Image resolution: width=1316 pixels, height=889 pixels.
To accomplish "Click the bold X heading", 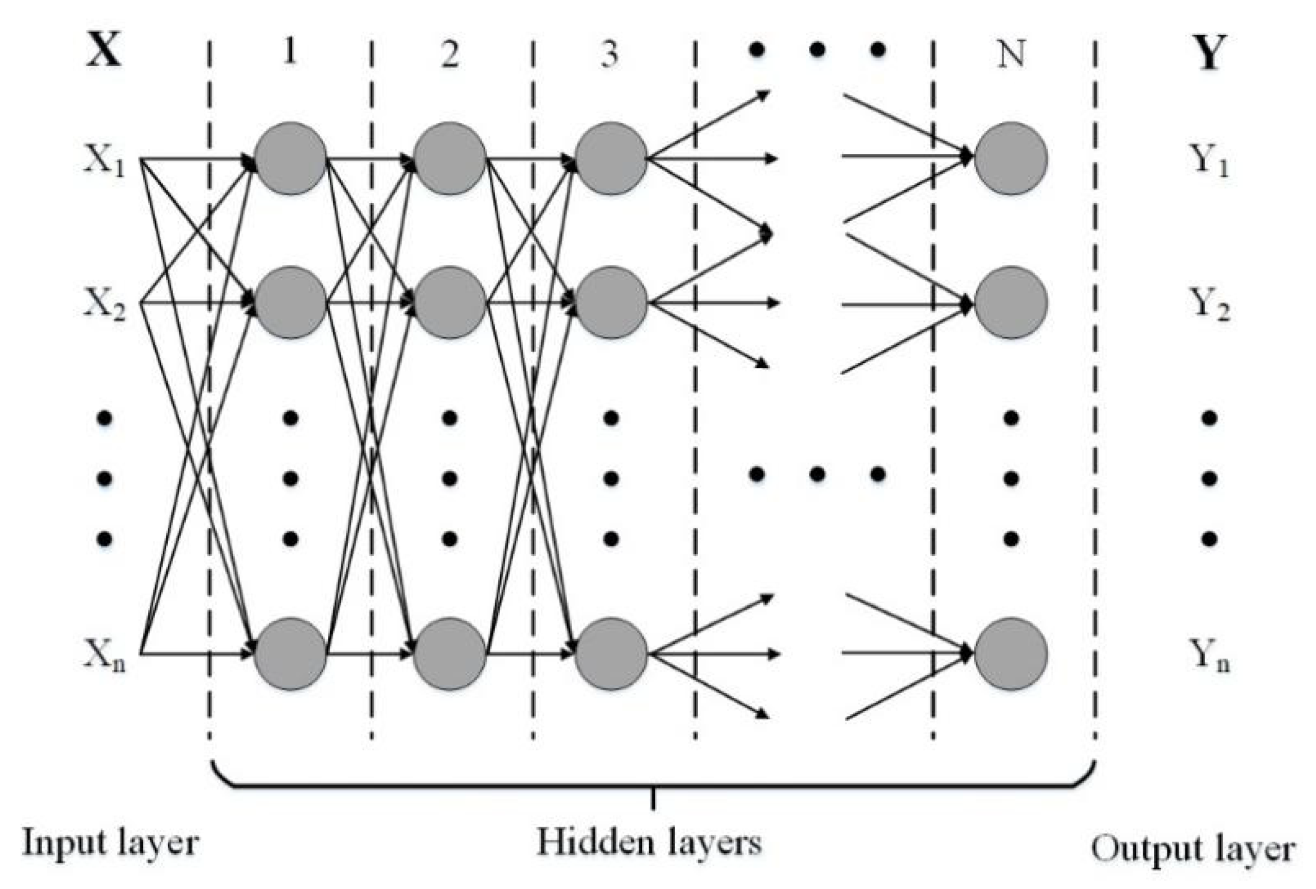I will pyautogui.click(x=104, y=52).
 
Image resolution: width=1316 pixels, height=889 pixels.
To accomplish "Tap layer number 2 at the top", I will pyautogui.click(x=450, y=54).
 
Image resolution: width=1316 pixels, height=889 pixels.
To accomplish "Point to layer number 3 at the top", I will pyautogui.click(x=610, y=54).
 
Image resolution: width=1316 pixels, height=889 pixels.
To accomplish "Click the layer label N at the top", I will pyautogui.click(x=1011, y=54).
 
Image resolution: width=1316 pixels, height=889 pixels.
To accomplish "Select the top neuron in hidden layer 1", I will pyautogui.click(x=291, y=158).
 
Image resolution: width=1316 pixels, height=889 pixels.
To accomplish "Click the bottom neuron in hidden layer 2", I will pyautogui.click(x=450, y=654).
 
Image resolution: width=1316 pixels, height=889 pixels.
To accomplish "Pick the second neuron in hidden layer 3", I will pyautogui.click(x=611, y=303).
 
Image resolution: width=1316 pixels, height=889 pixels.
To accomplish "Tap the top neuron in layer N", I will pyautogui.click(x=1011, y=158).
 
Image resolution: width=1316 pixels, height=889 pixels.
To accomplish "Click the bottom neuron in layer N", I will pyautogui.click(x=1011, y=654).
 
